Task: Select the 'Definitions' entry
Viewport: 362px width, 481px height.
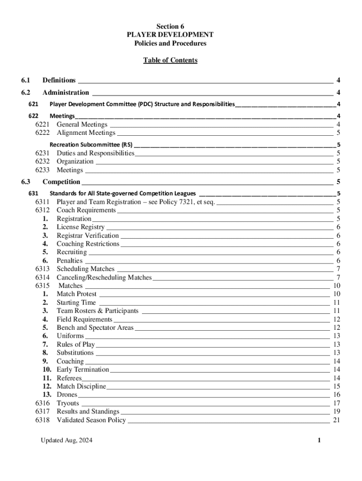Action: click(59, 80)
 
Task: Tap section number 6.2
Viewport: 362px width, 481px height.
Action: click(26, 93)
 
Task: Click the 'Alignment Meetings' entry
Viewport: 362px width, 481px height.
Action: click(86, 133)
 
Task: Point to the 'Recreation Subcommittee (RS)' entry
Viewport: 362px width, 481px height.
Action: click(91, 145)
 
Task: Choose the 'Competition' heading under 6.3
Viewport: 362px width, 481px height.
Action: click(61, 182)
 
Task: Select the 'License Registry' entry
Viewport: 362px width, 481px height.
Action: click(80, 227)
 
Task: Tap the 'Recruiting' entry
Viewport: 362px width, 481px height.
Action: click(71, 252)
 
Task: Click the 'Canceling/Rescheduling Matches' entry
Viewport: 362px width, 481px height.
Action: click(104, 278)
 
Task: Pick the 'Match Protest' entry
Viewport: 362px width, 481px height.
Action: click(76, 294)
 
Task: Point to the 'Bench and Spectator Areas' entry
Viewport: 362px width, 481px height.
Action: click(95, 327)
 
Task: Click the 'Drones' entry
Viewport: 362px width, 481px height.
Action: click(67, 395)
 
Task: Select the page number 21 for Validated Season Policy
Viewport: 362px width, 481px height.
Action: click(336, 420)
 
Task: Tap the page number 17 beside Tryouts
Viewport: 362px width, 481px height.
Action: click(336, 403)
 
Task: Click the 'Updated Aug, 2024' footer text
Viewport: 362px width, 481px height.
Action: click(66, 441)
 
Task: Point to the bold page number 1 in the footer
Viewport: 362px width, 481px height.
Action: click(319, 441)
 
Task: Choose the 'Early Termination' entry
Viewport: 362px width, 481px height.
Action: click(83, 370)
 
